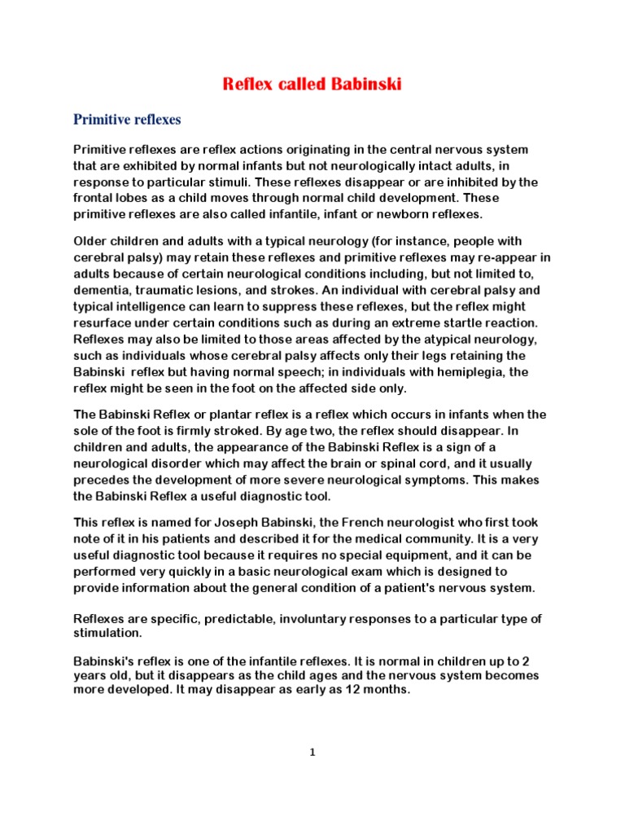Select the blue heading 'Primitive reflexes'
127,120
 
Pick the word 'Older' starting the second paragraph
92,241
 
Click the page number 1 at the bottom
312,753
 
